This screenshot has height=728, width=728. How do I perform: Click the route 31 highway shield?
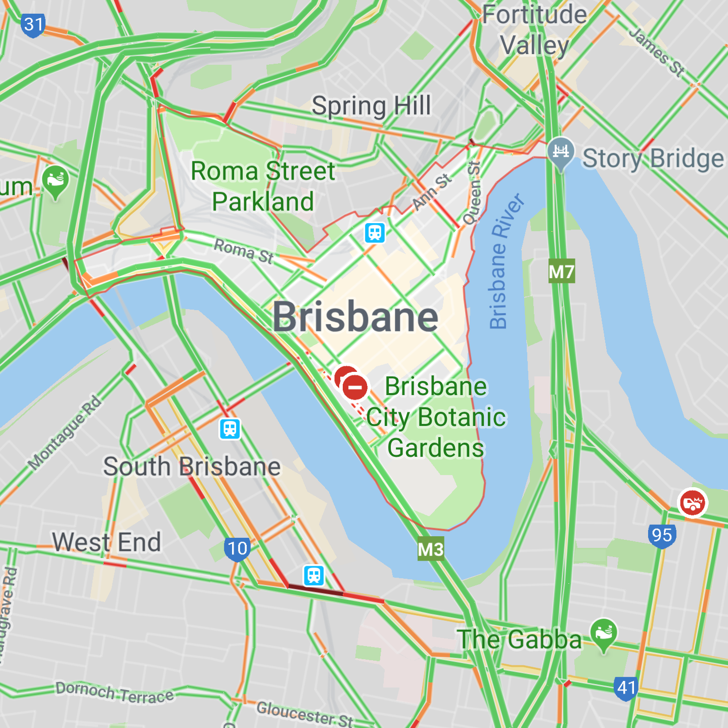pos(33,25)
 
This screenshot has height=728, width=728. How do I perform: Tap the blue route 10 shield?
pos(237,549)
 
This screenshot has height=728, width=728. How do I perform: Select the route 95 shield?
pos(661,536)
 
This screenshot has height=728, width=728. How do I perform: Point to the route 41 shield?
pos(626,688)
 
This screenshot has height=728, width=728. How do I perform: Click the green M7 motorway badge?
pos(561,272)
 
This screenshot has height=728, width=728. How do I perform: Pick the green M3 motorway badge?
pos(431,549)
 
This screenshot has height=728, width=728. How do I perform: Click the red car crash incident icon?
pos(692,503)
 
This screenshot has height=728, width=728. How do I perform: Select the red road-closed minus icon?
pos(355,388)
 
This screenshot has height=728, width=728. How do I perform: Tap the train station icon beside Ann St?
pos(375,233)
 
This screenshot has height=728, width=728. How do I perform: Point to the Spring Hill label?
pos(372,106)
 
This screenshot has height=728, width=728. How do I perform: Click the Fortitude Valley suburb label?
pos(534,30)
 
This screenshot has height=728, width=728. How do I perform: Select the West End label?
pos(107,542)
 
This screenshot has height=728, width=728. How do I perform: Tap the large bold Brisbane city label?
pos(355,317)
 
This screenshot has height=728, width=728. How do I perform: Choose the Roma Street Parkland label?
pos(263,186)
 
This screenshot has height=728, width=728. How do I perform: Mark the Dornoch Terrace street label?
pos(114,692)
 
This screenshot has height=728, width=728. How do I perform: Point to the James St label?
pos(656,52)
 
